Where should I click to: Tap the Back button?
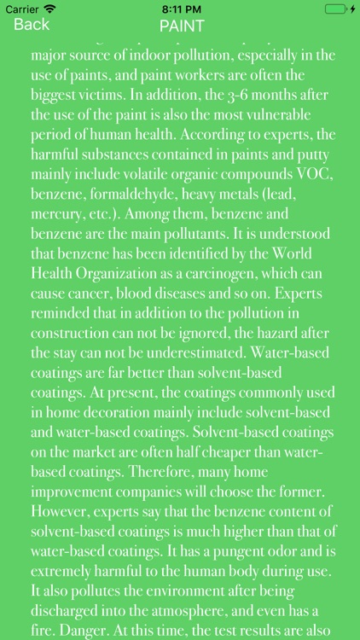(32, 25)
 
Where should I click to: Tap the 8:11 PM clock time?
(180, 9)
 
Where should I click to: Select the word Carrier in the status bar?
(22, 9)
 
